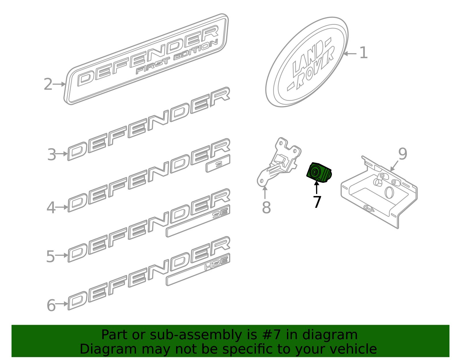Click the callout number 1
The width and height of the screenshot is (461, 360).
pyautogui.click(x=364, y=53)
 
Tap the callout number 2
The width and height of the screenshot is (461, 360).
pyautogui.click(x=48, y=84)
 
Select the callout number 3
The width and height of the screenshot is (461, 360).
pyautogui.click(x=52, y=155)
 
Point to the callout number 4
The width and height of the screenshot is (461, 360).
pyautogui.click(x=51, y=208)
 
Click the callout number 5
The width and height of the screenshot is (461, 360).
pyautogui.click(x=50, y=256)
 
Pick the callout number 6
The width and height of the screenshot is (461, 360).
pyautogui.click(x=51, y=305)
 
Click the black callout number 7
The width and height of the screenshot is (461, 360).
pyautogui.click(x=317, y=202)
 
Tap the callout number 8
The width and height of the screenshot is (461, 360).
pyautogui.click(x=266, y=208)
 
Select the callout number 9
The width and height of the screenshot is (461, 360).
pyautogui.click(x=403, y=154)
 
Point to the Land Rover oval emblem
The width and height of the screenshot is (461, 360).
pyautogui.click(x=307, y=62)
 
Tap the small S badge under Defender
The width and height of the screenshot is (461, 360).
pyautogui.click(x=218, y=164)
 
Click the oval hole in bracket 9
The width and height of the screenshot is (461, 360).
pyautogui.click(x=389, y=193)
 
